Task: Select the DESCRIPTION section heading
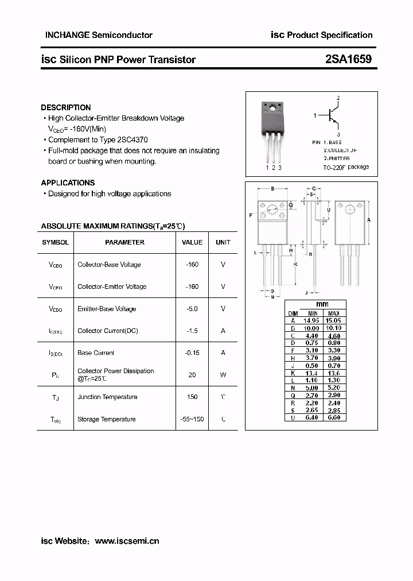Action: coord(66,107)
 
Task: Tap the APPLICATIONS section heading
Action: coord(68,183)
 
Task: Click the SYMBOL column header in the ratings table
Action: coord(55,242)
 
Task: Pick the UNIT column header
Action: coord(223,242)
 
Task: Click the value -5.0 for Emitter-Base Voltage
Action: coord(192,309)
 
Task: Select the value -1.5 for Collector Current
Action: coord(192,331)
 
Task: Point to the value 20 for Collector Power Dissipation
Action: coord(192,375)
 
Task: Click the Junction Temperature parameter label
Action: coord(107,397)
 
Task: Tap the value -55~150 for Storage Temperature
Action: coord(192,419)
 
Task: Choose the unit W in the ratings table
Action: coord(223,375)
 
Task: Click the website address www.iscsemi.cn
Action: coord(127,541)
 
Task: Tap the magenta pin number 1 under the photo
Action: coord(267,168)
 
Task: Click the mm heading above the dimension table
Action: coord(322,304)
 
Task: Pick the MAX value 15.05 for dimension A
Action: coord(333,320)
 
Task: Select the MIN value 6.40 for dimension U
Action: coord(311,417)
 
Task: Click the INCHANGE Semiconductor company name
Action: coord(99,35)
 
